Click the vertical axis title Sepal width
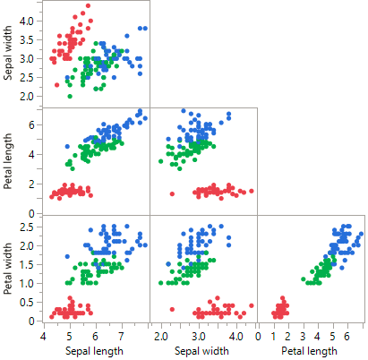(x=8, y=53)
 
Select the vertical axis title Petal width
(x=8, y=269)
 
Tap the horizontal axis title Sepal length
(x=96, y=350)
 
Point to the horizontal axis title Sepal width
(x=203, y=350)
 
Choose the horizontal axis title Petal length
(x=311, y=350)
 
